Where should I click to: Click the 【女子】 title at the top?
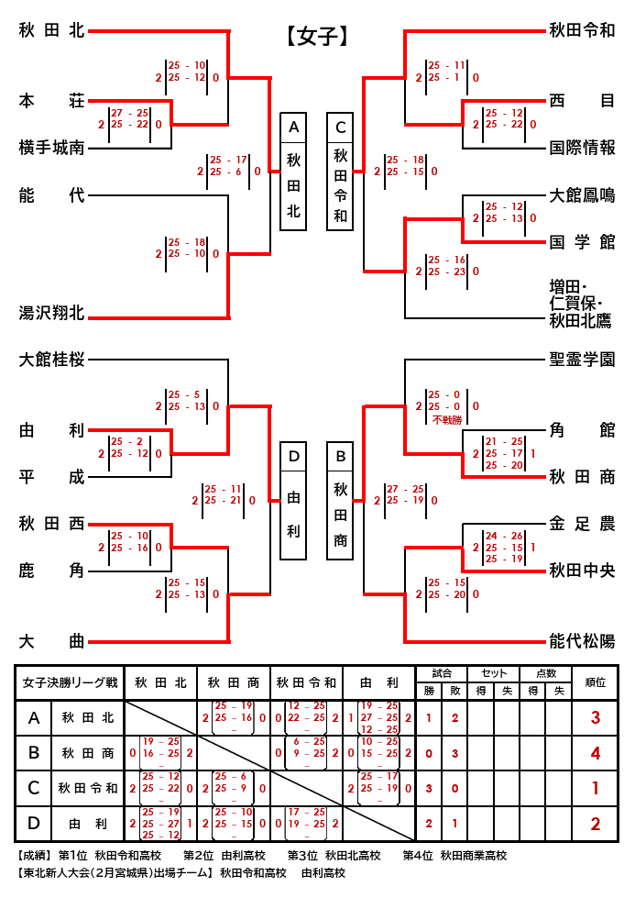(317, 36)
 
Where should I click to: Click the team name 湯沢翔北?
(51, 314)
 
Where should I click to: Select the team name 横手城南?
(51, 147)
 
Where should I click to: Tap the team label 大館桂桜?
(51, 360)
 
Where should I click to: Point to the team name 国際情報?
(582, 147)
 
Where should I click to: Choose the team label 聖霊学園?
(582, 360)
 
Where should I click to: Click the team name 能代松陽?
(582, 641)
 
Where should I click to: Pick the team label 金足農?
(582, 525)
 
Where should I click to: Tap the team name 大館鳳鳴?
(582, 194)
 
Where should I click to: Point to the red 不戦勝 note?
(444, 419)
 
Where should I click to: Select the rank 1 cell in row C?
(595, 788)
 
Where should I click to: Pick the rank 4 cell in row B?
(595, 753)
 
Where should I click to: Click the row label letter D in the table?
(34, 824)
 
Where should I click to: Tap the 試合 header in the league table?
(442, 673)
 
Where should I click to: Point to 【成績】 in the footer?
(34, 855)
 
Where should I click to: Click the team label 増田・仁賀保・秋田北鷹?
(582, 303)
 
